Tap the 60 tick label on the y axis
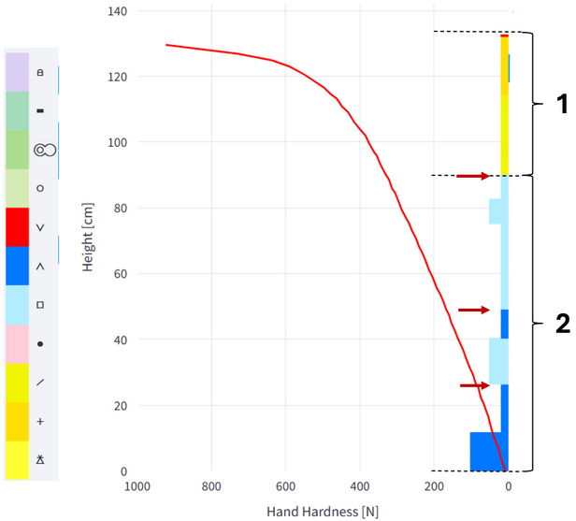coord(117,274)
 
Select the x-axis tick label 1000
coord(137,487)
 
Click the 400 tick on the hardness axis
coord(359,487)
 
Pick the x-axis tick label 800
coord(211,487)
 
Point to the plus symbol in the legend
coord(40,422)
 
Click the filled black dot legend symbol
coord(40,344)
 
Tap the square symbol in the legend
coord(40,305)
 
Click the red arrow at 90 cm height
coord(473,176)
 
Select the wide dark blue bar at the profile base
coord(488,451)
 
